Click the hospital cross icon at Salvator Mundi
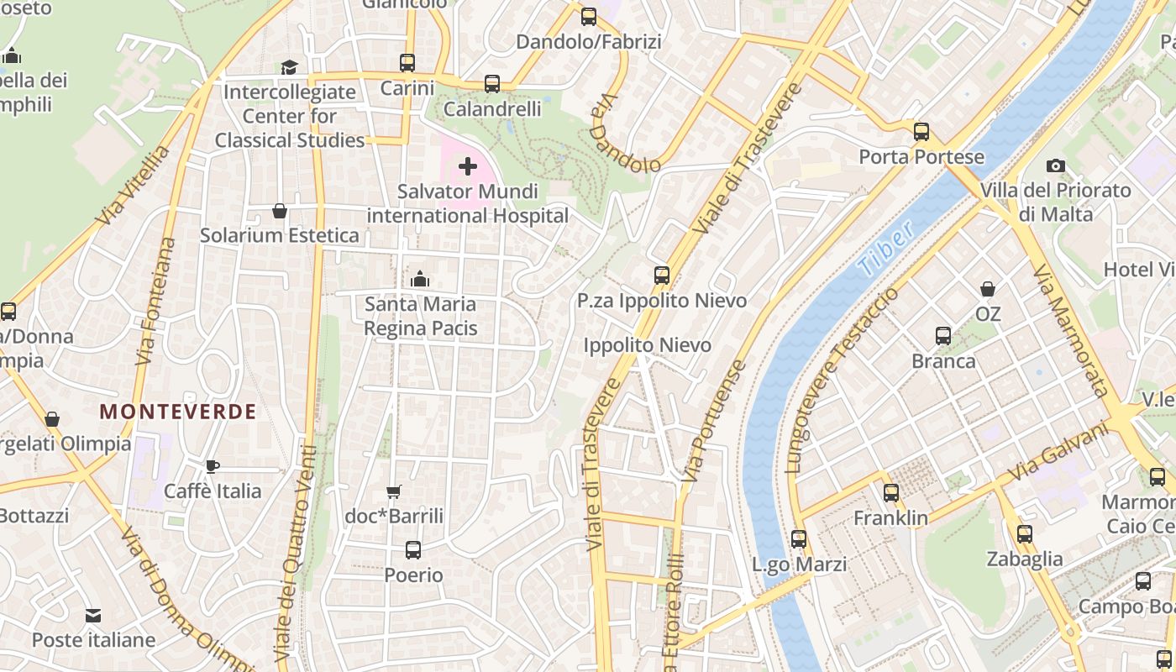[468, 166]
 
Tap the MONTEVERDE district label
[178, 412]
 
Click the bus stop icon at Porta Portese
[921, 132]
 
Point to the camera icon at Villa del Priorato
[1056, 166]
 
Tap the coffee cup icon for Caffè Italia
[213, 466]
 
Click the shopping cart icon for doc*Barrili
[393, 491]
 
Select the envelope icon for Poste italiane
[93, 616]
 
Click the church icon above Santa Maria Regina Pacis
[420, 279]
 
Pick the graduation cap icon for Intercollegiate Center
[290, 67]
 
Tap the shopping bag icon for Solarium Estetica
[280, 211]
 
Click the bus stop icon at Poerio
[413, 550]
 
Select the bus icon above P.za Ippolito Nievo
[662, 276]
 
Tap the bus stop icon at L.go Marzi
[799, 539]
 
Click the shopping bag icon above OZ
[988, 290]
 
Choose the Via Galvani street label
[1058, 451]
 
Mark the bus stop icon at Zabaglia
[1024, 534]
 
